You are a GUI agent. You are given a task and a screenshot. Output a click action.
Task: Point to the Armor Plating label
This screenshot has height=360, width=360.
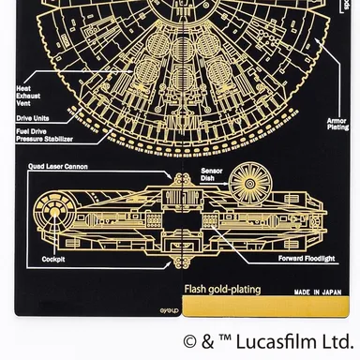(335, 124)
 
